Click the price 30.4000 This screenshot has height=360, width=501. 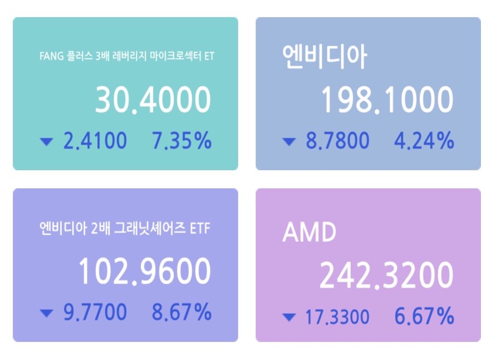pos(153,101)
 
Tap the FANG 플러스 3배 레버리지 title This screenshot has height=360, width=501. pos(127,57)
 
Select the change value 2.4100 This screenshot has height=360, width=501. pos(95,141)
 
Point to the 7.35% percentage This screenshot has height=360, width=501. pos(181,141)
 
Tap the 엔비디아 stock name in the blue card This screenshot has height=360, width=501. pos(325,57)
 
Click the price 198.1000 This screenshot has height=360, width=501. pos(387,101)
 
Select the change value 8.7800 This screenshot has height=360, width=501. pos(337,141)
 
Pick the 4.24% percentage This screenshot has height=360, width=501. pos(424,141)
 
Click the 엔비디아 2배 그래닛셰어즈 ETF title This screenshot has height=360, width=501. pos(125,228)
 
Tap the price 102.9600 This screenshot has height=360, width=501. pos(144,272)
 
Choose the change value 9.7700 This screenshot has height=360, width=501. pos(95,312)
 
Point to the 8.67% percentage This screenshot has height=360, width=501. pos(181,312)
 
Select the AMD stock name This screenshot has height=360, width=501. pos(310,233)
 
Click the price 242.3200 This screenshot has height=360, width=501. pos(386,275)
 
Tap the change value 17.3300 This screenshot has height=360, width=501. pos(337,317)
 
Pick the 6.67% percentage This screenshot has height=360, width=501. pos(424,317)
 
